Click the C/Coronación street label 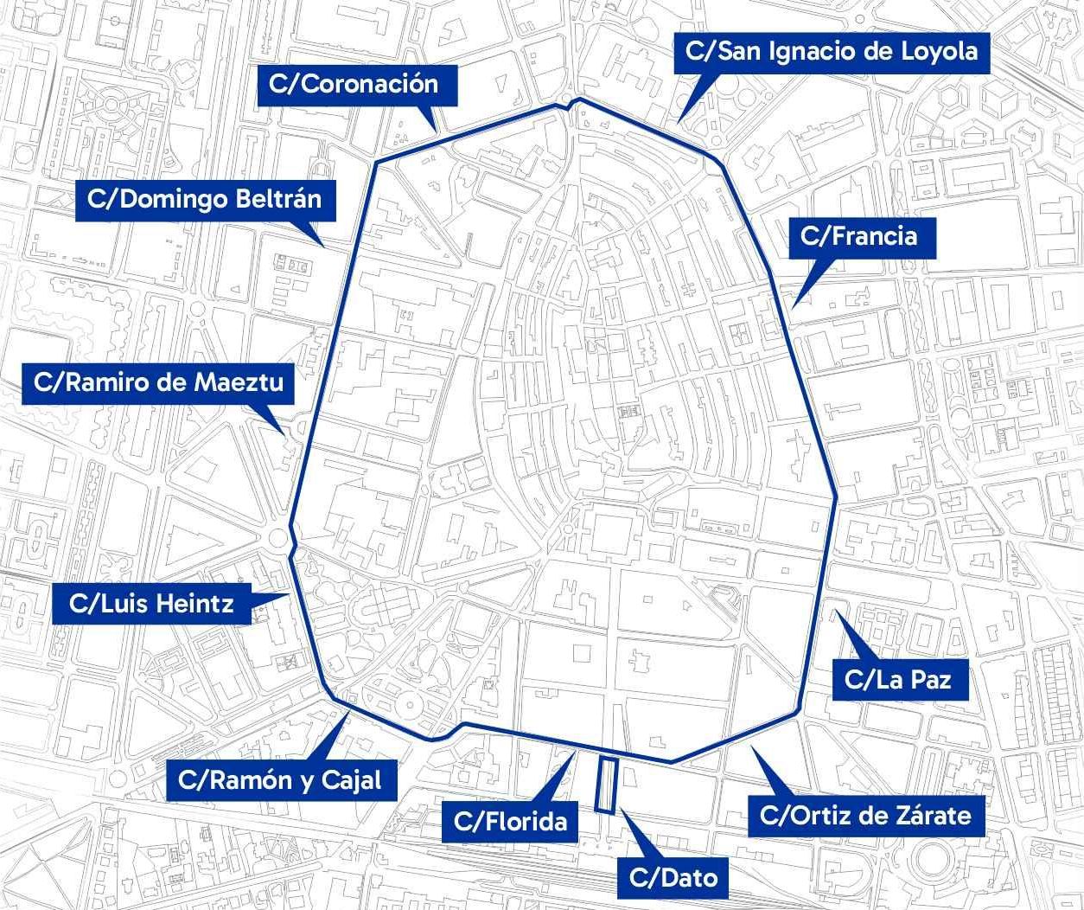click(354, 84)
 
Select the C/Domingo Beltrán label click(204, 200)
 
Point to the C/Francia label click(858, 235)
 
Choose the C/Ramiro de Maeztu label click(158, 382)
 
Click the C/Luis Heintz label click(151, 603)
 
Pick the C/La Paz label click(898, 679)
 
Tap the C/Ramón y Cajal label click(279, 779)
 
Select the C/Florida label click(510, 821)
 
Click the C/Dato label click(673, 878)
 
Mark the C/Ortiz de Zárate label click(865, 815)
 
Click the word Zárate click(932, 815)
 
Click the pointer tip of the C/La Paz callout click(832, 612)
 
